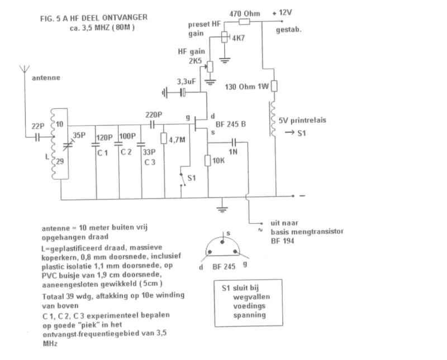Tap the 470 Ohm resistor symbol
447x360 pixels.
tap(245, 22)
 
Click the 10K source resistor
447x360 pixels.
tap(207, 161)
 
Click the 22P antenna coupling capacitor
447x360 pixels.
tap(39, 136)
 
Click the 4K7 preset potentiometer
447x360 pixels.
tap(225, 37)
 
